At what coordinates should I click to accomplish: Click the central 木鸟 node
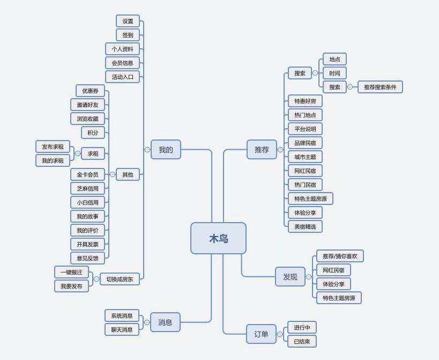point(218,238)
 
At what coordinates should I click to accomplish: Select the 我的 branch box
point(166,150)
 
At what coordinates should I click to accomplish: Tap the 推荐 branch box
point(262,150)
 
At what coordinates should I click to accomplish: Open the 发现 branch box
point(290,277)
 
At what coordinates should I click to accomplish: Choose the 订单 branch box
point(261,334)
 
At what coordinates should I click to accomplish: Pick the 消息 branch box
point(165,322)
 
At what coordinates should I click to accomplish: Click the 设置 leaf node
point(128,21)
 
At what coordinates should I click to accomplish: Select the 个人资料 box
point(122,49)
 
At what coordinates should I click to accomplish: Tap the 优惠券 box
point(90,91)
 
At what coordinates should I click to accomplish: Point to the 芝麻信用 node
point(87,188)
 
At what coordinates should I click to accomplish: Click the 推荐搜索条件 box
point(380,87)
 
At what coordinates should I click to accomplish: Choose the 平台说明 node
point(305,129)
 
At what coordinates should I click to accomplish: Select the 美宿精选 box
point(305,226)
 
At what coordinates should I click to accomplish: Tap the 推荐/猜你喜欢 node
point(340,256)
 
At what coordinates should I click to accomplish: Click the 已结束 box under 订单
point(302,341)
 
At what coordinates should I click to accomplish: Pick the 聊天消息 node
point(122,329)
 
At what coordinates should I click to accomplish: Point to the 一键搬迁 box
point(71,272)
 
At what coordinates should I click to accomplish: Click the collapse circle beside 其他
point(112,174)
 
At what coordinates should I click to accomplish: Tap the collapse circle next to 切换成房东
point(96,279)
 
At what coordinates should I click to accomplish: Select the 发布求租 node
point(53,146)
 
